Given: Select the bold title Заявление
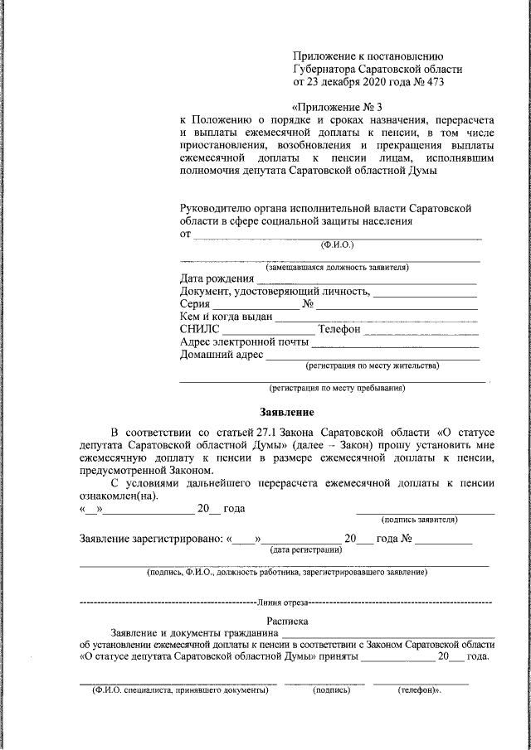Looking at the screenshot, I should [x=286, y=412].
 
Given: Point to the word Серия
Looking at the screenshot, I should [x=196, y=303].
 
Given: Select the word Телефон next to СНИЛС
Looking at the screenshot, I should [x=339, y=329].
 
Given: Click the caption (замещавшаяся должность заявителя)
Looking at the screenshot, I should [x=337, y=267].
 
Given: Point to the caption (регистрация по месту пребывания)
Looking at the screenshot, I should [x=336, y=387].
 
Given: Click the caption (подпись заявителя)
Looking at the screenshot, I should [x=420, y=520].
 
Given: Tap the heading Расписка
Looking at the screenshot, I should [x=287, y=620].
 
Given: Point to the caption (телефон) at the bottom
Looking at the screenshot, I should [x=419, y=690].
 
